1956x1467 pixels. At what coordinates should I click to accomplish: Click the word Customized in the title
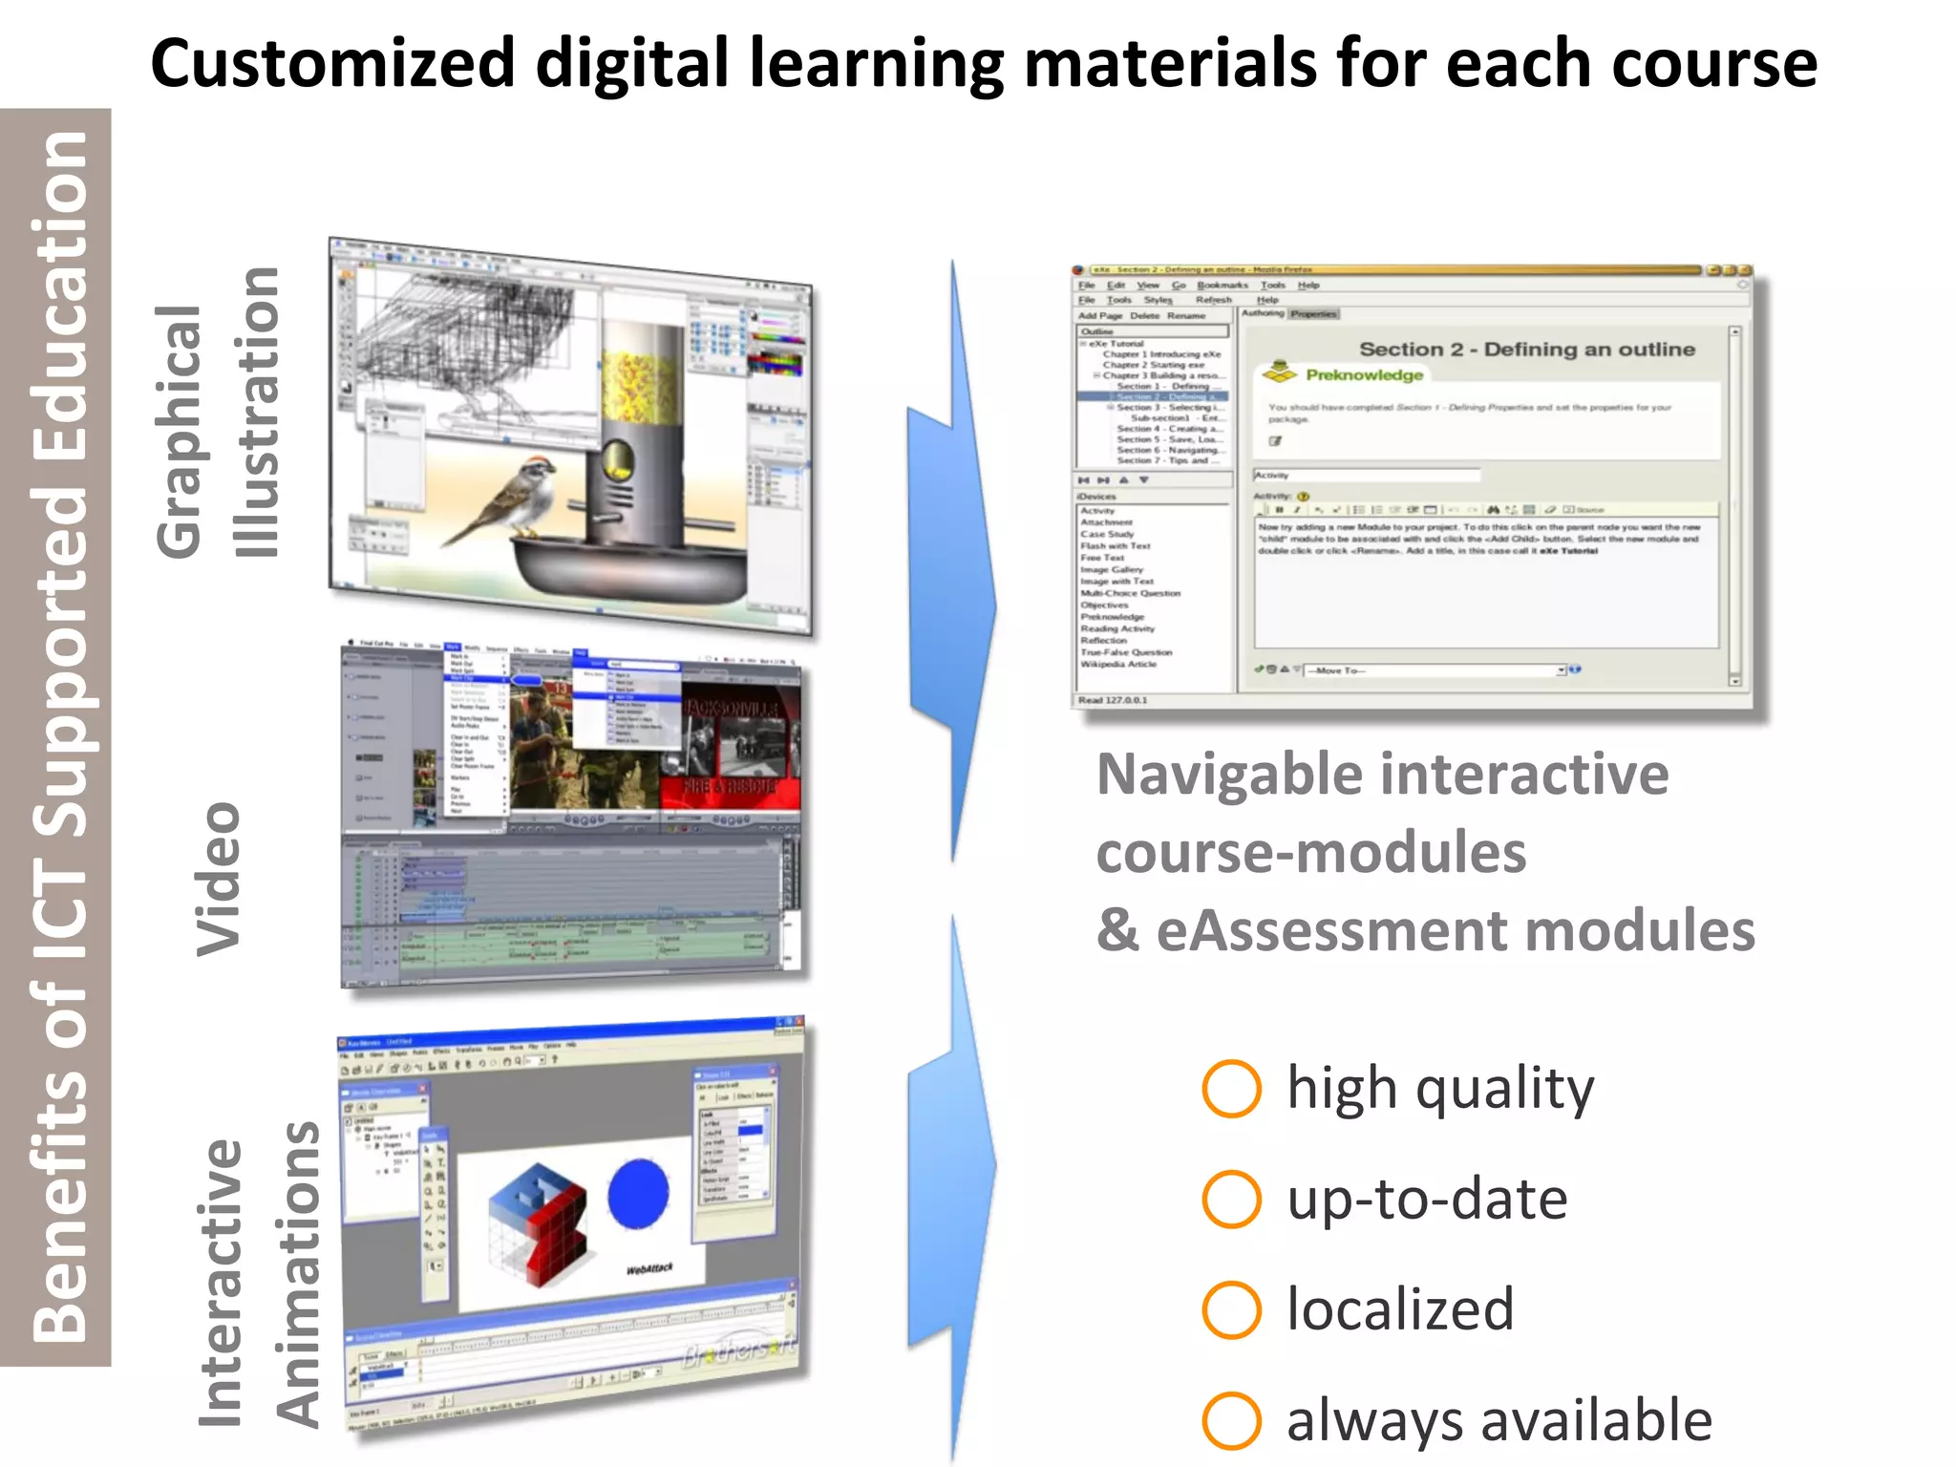pyautogui.click(x=332, y=63)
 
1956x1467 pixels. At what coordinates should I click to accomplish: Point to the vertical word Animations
pyautogui.click(x=299, y=1275)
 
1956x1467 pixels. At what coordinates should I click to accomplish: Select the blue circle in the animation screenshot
pyautogui.click(x=638, y=1194)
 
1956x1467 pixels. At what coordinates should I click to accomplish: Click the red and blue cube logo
pyautogui.click(x=537, y=1222)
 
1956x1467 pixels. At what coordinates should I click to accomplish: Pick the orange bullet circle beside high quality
pyautogui.click(x=1231, y=1088)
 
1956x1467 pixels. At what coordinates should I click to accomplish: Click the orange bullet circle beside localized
pyautogui.click(x=1231, y=1309)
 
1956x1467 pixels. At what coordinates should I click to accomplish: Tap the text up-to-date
pyautogui.click(x=1427, y=1199)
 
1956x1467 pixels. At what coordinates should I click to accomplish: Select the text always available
pyautogui.click(x=1499, y=1420)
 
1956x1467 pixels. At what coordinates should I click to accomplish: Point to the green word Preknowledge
pyautogui.click(x=1364, y=374)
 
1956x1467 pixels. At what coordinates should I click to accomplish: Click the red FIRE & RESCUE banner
pyautogui.click(x=731, y=786)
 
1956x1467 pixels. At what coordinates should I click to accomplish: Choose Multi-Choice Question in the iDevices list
pyautogui.click(x=1130, y=593)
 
